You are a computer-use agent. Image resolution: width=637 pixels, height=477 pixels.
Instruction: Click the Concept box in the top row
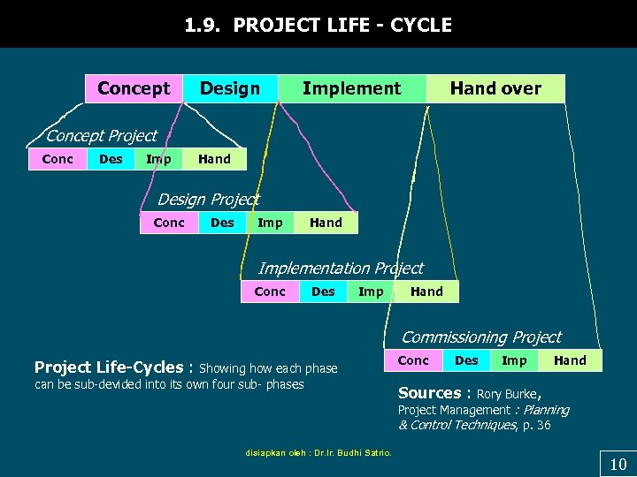[x=134, y=88]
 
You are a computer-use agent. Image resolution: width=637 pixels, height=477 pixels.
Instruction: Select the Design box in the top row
[x=230, y=88]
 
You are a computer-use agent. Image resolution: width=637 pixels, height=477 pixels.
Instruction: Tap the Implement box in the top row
[x=351, y=88]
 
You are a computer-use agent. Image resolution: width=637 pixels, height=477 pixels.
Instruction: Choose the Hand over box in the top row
[x=495, y=88]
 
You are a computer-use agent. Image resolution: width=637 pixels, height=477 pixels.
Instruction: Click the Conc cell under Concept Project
[x=58, y=159]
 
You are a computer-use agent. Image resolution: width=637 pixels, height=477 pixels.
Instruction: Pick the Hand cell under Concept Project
[x=214, y=159]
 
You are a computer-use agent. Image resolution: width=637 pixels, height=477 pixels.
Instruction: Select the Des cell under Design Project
[x=222, y=223]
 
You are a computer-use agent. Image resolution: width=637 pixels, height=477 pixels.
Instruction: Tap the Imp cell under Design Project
[x=270, y=223]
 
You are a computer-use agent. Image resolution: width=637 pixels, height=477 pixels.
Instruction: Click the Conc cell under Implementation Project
[x=270, y=291]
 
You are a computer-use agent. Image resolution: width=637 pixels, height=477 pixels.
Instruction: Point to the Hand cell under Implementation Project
[x=426, y=291]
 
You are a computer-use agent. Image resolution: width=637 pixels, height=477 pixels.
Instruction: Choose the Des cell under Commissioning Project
[x=466, y=360]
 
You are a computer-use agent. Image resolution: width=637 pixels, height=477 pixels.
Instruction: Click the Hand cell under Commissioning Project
[x=570, y=360]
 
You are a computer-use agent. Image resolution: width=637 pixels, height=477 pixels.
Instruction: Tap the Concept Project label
[x=101, y=135]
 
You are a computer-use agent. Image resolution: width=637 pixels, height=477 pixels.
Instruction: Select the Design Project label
[x=208, y=200]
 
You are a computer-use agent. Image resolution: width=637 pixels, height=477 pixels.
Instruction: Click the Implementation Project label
[x=341, y=268]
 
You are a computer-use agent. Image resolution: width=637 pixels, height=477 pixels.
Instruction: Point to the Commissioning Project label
[x=481, y=337]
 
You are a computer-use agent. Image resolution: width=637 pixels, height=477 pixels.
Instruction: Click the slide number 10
[x=618, y=465]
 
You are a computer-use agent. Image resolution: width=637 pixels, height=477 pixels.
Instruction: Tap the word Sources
[x=429, y=393]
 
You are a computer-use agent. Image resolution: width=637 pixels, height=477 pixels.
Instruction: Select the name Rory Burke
[x=509, y=394]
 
